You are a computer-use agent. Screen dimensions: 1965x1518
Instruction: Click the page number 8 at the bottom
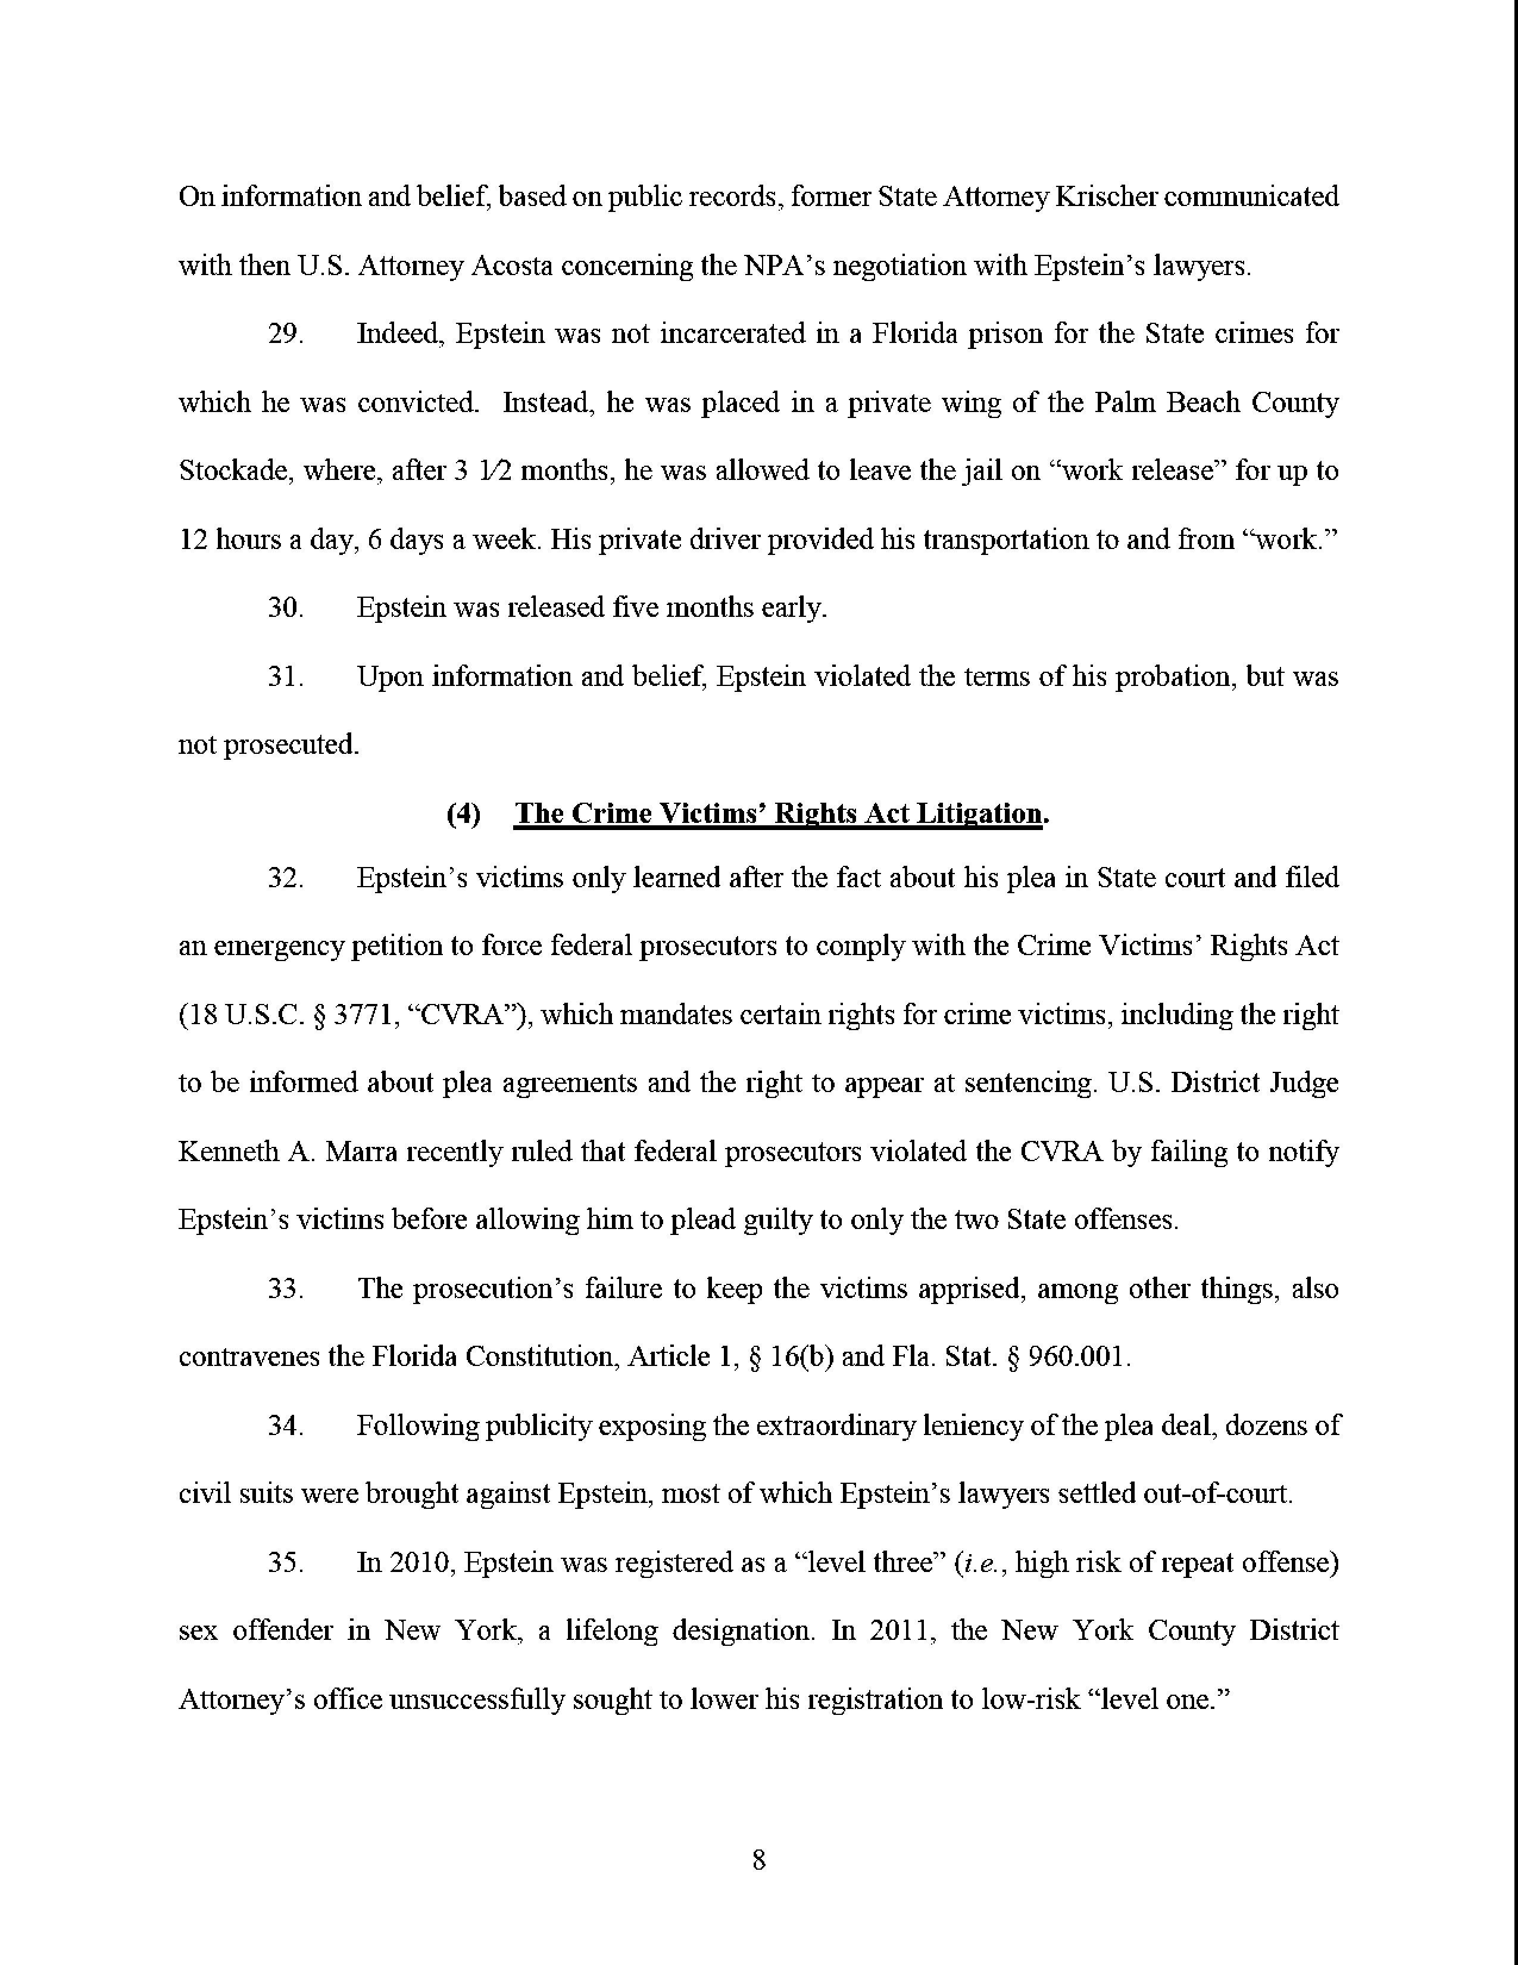click(758, 1859)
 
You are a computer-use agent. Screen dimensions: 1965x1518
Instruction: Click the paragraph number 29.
click(286, 335)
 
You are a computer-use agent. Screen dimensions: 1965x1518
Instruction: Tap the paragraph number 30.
click(286, 608)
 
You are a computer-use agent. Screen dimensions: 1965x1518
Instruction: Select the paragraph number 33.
click(286, 1289)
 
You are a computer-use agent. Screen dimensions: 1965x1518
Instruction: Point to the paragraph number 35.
click(286, 1563)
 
